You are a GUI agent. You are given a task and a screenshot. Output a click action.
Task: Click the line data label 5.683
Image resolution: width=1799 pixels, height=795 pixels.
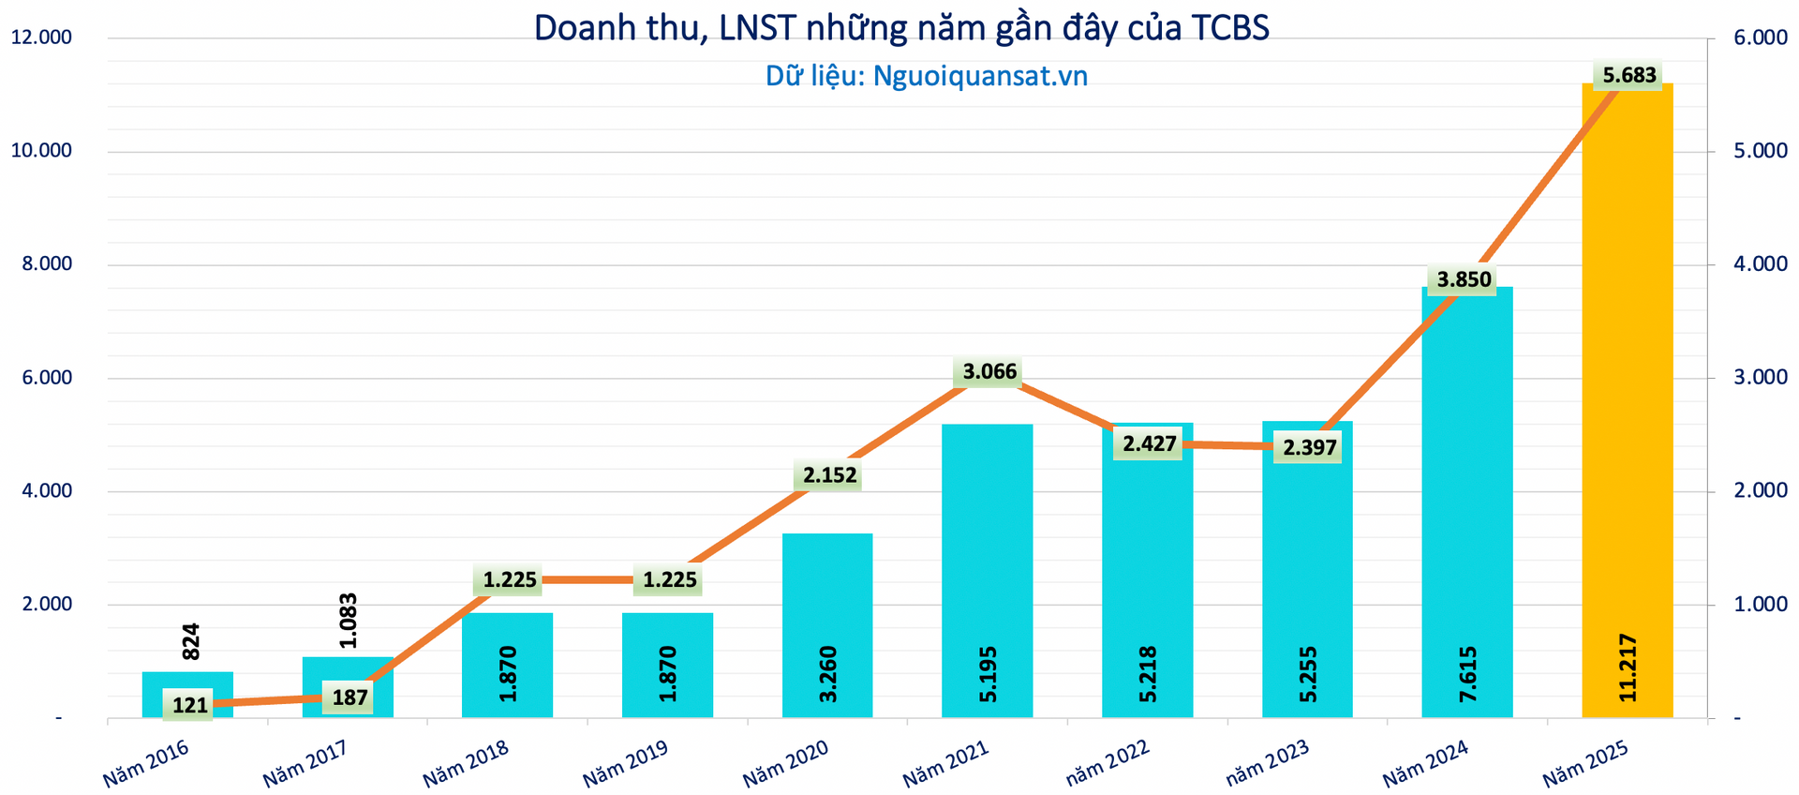point(1629,75)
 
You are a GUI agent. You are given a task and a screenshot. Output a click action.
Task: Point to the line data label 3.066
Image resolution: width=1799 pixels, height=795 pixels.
point(989,372)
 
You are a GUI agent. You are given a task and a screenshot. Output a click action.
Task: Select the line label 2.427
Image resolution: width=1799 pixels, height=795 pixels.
point(1150,443)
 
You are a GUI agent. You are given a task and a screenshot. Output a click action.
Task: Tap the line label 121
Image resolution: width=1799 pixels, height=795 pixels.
point(190,705)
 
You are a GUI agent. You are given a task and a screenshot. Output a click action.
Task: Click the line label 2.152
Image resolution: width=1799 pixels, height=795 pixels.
point(830,475)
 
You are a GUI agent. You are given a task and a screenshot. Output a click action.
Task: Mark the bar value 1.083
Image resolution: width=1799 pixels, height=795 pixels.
point(349,621)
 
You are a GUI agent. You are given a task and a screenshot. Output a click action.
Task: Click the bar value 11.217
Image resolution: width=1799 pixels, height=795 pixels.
point(1628,667)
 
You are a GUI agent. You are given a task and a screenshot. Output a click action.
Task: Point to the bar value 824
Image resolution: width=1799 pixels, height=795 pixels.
point(190,641)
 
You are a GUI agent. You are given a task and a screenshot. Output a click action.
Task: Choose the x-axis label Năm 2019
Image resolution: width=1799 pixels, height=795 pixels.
point(626,763)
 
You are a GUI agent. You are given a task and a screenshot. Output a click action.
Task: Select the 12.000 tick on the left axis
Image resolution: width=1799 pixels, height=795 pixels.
point(41,37)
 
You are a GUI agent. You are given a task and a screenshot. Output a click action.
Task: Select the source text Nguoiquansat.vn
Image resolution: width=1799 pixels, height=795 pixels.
point(980,76)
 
